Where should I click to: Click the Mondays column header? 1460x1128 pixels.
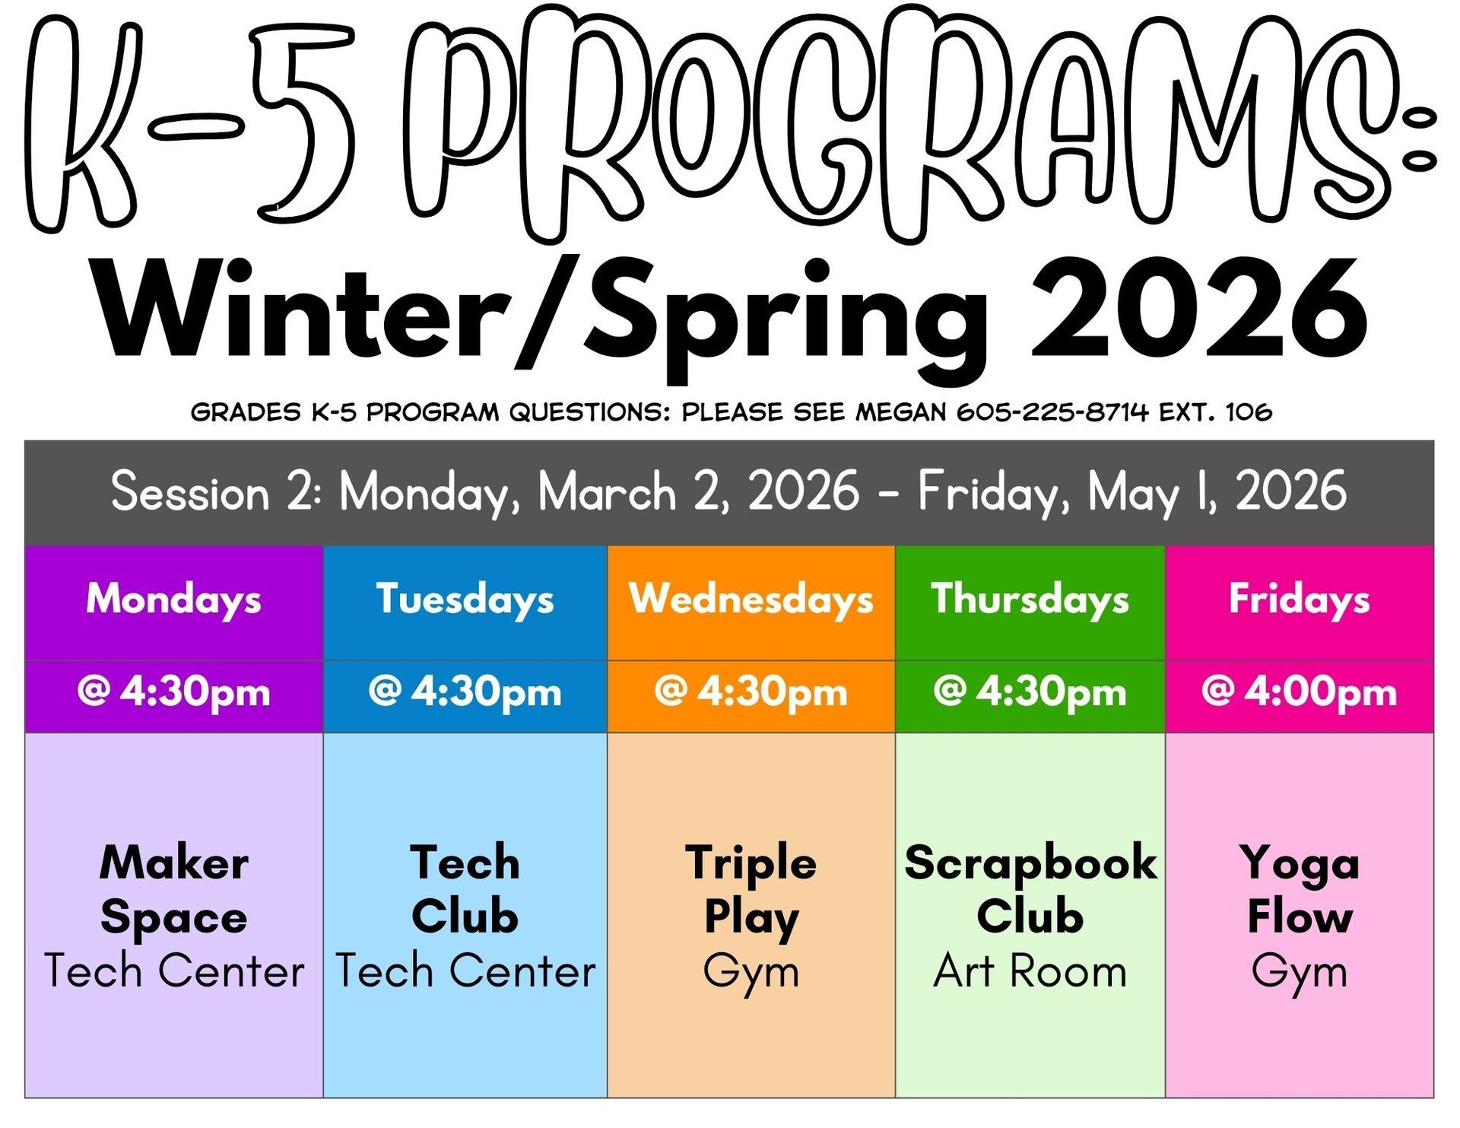pos(173,600)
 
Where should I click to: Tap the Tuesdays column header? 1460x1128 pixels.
pos(465,600)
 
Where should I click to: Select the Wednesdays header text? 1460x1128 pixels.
pos(751,599)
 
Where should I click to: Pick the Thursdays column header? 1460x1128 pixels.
pos(1030,600)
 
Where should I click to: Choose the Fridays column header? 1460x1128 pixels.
pos(1299,600)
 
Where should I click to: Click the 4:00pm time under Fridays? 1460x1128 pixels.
pos(1320,692)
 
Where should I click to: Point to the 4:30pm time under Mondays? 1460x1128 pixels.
pos(195,692)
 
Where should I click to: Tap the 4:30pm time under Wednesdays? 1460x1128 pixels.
pos(772,692)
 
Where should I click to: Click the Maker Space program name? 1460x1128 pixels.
pos(174,889)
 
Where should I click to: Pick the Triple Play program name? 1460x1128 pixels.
pos(751,891)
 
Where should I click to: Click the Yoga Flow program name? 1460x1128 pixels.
pos(1300,889)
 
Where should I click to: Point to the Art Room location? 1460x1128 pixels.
pos(1030,971)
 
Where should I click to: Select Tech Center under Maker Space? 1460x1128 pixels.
pos(174,971)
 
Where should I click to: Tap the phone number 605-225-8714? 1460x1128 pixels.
pos(1052,412)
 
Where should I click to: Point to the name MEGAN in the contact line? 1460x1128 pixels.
pos(901,412)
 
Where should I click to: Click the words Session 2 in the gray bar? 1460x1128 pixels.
pos(217,491)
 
